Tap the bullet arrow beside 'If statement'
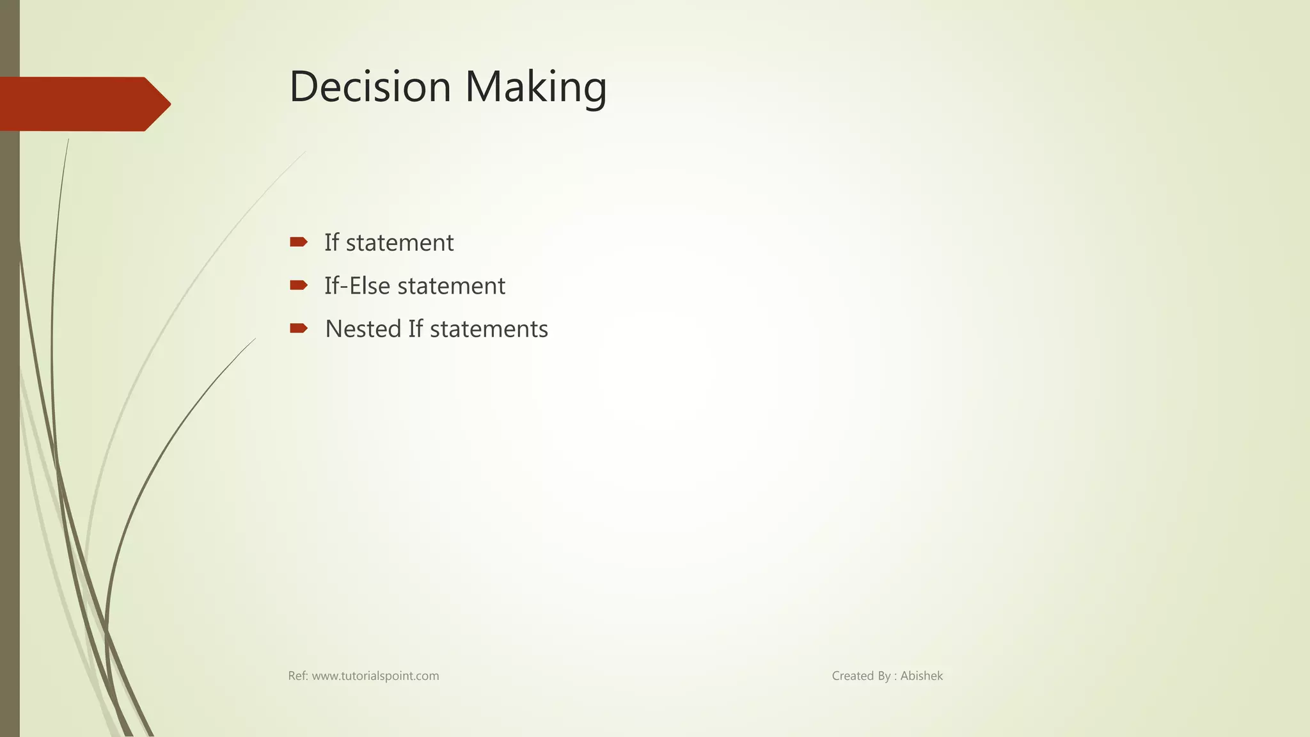[x=298, y=242]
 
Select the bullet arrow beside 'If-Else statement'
[x=298, y=285]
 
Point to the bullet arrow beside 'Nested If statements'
[x=298, y=328]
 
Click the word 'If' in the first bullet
[x=331, y=242]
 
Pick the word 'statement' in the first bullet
[x=400, y=243]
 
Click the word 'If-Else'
[x=357, y=286]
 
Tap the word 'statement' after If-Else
[x=451, y=286]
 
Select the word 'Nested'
[x=363, y=329]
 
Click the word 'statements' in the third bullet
[x=489, y=329]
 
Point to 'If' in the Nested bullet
[x=415, y=329]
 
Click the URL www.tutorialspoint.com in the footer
[x=375, y=676]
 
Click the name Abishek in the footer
[x=921, y=676]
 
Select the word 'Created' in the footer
[x=853, y=676]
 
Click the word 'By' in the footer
[x=884, y=676]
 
